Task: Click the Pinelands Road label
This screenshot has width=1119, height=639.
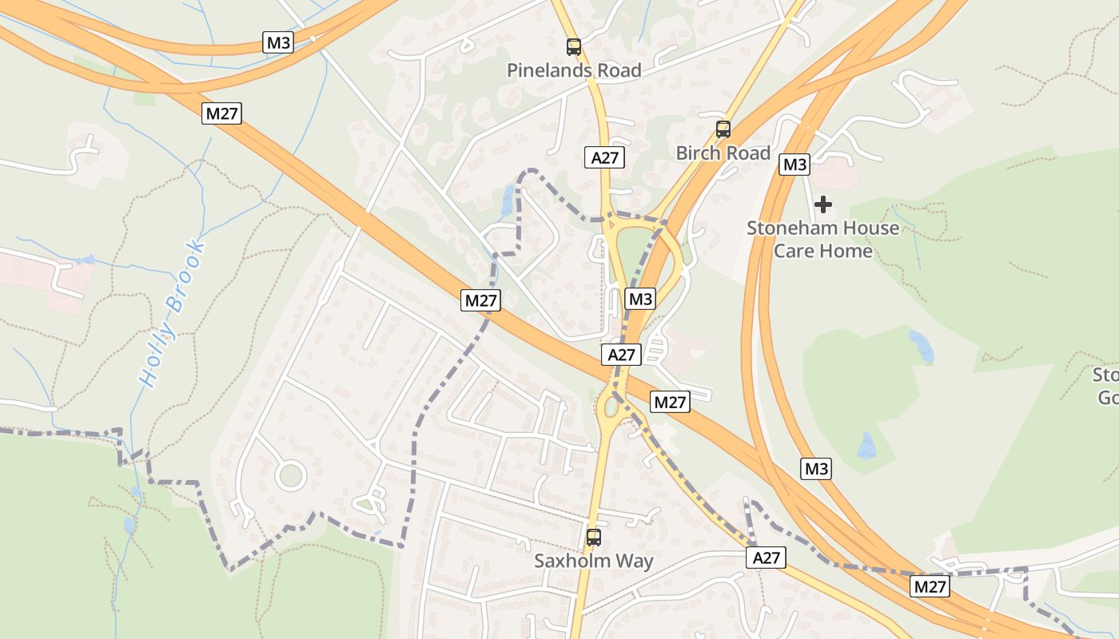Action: click(574, 70)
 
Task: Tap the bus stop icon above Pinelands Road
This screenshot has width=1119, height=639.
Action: click(574, 46)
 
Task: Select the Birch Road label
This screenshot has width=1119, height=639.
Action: click(723, 153)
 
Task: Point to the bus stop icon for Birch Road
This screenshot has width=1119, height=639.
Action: click(723, 129)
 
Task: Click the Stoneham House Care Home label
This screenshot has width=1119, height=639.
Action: click(822, 239)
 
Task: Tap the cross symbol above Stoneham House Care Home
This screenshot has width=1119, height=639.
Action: click(822, 204)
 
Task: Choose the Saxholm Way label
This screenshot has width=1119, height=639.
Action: click(594, 561)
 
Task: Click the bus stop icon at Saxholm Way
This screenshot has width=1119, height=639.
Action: click(593, 537)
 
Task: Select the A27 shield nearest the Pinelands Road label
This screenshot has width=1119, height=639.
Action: click(604, 157)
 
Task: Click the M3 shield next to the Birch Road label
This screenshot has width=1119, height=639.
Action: click(794, 165)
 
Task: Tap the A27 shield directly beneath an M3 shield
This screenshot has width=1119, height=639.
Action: click(621, 355)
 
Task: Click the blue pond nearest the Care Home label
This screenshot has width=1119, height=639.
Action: click(922, 347)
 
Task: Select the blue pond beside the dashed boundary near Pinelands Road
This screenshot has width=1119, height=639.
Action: click(507, 200)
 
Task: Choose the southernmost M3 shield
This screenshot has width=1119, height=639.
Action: click(816, 469)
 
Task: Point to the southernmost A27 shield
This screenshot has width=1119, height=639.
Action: click(766, 558)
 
